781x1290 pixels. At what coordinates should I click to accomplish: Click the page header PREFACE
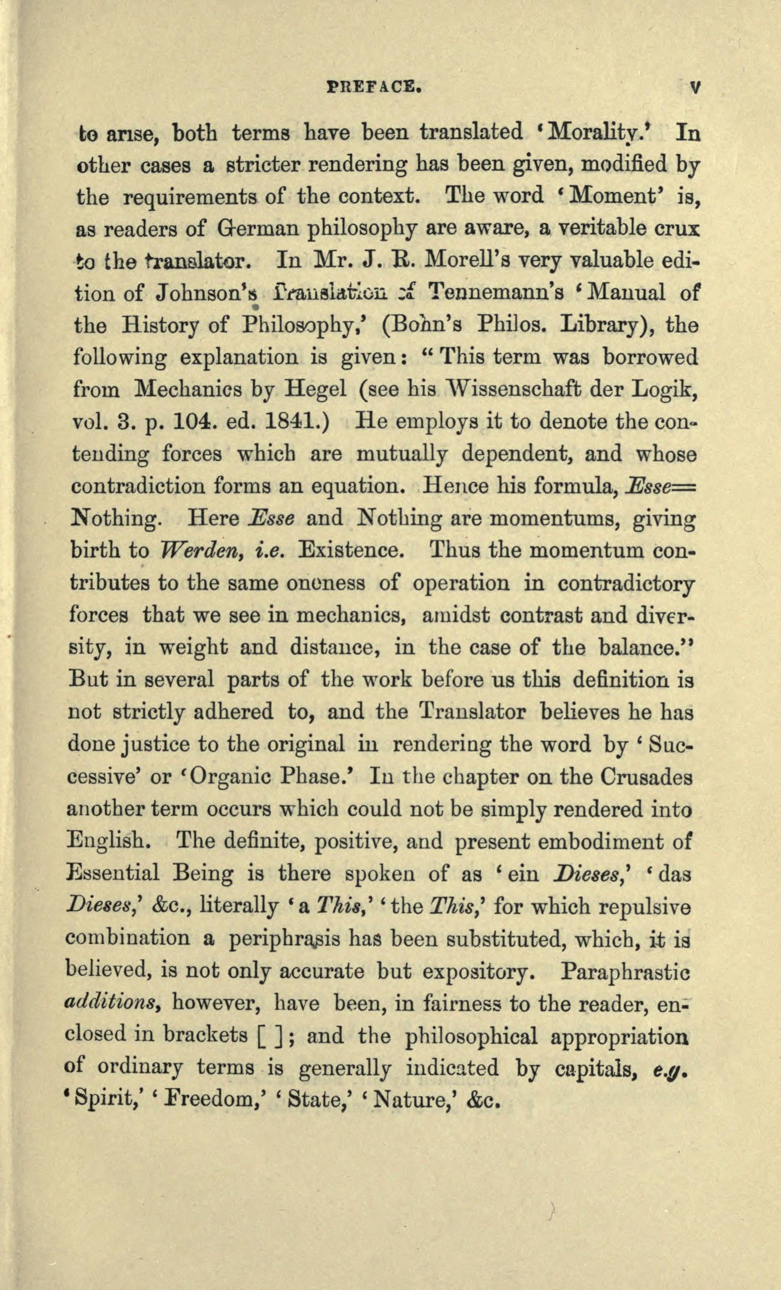point(374,86)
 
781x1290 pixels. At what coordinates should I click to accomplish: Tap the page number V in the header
point(695,87)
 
